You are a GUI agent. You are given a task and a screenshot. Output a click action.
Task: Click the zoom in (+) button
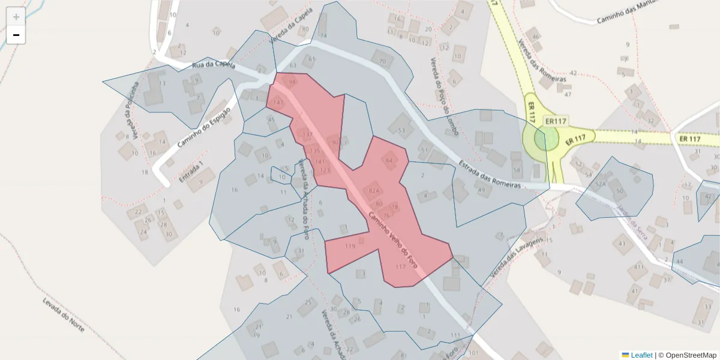(x=16, y=17)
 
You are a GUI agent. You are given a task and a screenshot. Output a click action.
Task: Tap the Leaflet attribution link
(x=641, y=355)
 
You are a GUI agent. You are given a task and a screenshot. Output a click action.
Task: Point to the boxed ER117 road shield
(x=556, y=121)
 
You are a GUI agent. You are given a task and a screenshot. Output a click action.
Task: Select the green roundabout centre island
(x=545, y=140)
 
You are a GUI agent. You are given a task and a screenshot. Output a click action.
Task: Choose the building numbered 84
(x=389, y=160)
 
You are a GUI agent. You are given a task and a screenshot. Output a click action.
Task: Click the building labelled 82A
(x=374, y=191)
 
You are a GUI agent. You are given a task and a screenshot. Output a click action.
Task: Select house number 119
(x=350, y=246)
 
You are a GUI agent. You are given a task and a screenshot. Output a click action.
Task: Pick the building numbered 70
(x=382, y=61)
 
